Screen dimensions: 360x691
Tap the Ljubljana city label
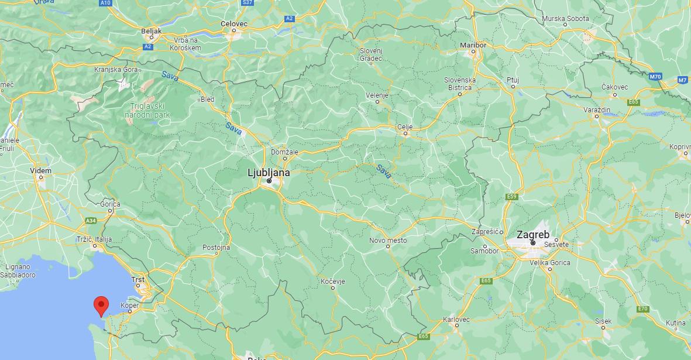coord(269,173)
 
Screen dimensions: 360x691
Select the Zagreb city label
coord(533,234)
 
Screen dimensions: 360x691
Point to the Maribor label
coord(473,45)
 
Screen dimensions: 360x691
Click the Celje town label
coord(405,126)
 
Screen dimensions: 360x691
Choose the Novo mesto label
coord(387,240)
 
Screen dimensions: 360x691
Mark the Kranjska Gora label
coord(116,69)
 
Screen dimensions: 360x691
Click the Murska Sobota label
coord(566,19)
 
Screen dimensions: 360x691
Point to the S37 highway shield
coord(247,3)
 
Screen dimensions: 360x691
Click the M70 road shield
coord(655,76)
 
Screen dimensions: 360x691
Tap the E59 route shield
coord(513,196)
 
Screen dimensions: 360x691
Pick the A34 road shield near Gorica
coord(91,221)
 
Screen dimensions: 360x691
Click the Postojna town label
coord(216,247)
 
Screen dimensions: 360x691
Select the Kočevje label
coord(333,282)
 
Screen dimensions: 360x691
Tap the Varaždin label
coord(597,109)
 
